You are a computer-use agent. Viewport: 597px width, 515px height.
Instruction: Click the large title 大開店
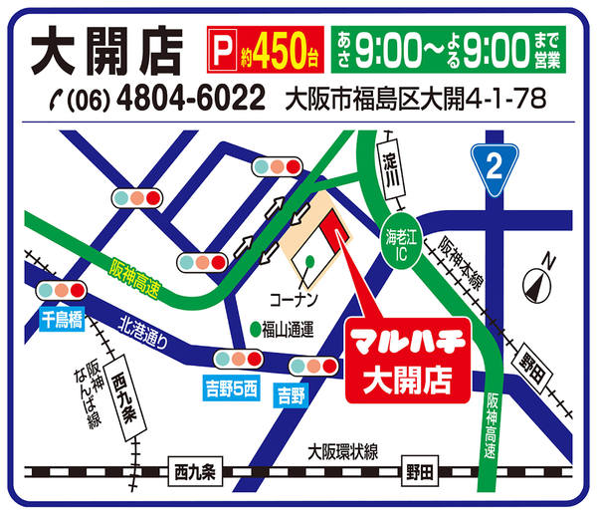click(105, 49)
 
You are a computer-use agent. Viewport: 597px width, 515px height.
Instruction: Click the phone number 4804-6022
click(192, 100)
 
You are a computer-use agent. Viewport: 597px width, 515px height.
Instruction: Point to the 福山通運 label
click(289, 328)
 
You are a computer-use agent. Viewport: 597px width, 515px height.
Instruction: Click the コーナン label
click(293, 298)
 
